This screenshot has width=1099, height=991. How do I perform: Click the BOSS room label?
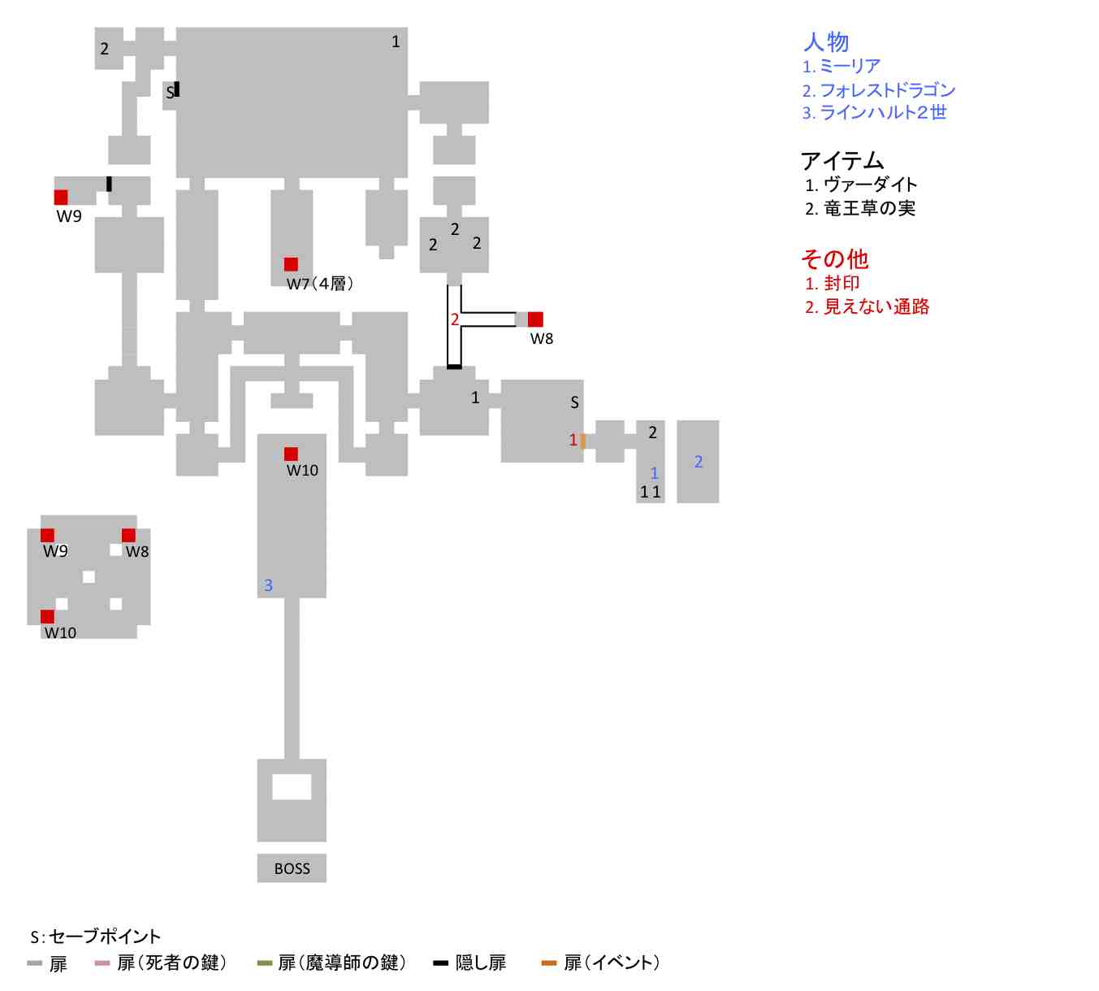click(x=292, y=868)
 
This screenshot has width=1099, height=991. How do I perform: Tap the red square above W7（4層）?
click(x=291, y=264)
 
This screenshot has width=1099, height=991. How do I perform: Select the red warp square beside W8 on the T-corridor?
click(x=535, y=319)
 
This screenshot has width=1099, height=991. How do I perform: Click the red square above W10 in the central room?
click(x=291, y=454)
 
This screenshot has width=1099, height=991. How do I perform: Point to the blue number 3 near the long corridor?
click(x=268, y=585)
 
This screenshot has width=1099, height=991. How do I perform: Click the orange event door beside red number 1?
click(x=583, y=441)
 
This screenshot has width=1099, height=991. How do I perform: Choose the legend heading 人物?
click(x=826, y=41)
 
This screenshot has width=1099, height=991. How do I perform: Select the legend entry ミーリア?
click(x=849, y=67)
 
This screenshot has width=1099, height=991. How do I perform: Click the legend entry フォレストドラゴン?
click(x=886, y=90)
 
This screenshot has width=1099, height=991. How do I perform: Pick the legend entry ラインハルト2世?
click(x=882, y=113)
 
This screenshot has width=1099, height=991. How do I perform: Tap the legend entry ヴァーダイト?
click(x=869, y=185)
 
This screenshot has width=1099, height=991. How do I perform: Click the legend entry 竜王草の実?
click(x=868, y=209)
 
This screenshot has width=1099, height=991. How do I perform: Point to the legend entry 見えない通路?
click(x=876, y=307)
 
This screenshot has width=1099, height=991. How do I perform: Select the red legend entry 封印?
click(x=841, y=284)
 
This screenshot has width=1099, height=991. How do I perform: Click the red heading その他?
click(x=834, y=259)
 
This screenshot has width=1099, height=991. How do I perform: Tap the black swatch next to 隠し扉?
click(x=440, y=963)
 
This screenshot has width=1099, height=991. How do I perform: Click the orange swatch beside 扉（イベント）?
click(x=549, y=963)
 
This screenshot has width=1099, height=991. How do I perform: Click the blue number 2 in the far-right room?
click(x=699, y=462)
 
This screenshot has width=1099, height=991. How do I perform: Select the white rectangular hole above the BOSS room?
click(x=292, y=787)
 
